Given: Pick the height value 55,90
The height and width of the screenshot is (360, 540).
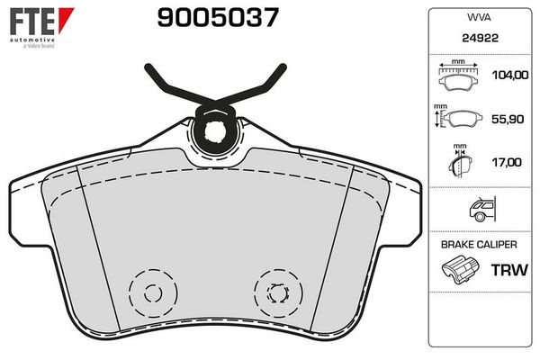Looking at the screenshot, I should [x=507, y=119].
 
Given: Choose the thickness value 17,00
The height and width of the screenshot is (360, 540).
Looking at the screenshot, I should [x=507, y=162].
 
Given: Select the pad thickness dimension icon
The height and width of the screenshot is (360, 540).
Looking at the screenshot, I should [x=459, y=164].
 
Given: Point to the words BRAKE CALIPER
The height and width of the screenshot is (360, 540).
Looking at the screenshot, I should [x=477, y=244].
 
